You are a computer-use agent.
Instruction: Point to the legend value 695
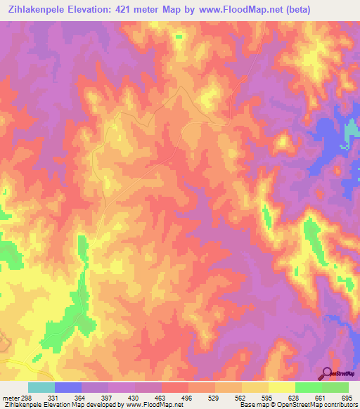click(344, 398)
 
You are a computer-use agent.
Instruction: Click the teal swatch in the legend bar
click(41, 387)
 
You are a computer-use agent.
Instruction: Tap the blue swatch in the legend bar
click(68, 387)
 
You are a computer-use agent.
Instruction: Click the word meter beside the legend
click(13, 398)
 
